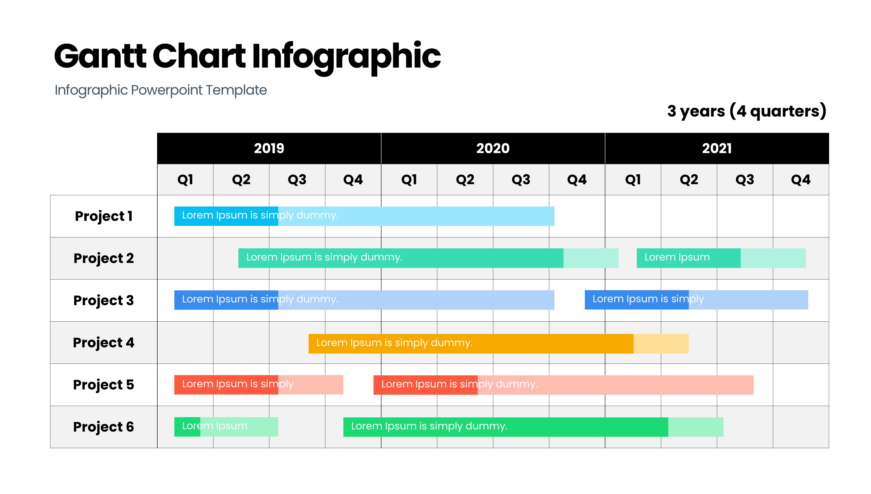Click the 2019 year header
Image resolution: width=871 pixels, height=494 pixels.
269,148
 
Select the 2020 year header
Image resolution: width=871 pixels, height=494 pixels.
493,148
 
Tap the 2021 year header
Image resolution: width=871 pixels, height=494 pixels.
717,148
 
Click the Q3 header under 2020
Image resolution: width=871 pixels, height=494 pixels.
521,179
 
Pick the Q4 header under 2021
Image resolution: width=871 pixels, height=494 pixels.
801,179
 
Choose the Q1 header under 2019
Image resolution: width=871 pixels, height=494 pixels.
185,179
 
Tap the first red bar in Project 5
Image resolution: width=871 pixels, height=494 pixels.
258,385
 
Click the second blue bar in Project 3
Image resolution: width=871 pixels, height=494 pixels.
696,300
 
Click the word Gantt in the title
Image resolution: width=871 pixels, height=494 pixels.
100,56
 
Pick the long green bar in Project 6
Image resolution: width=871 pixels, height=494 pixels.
533,427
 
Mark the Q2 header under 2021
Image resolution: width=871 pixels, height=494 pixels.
689,179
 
